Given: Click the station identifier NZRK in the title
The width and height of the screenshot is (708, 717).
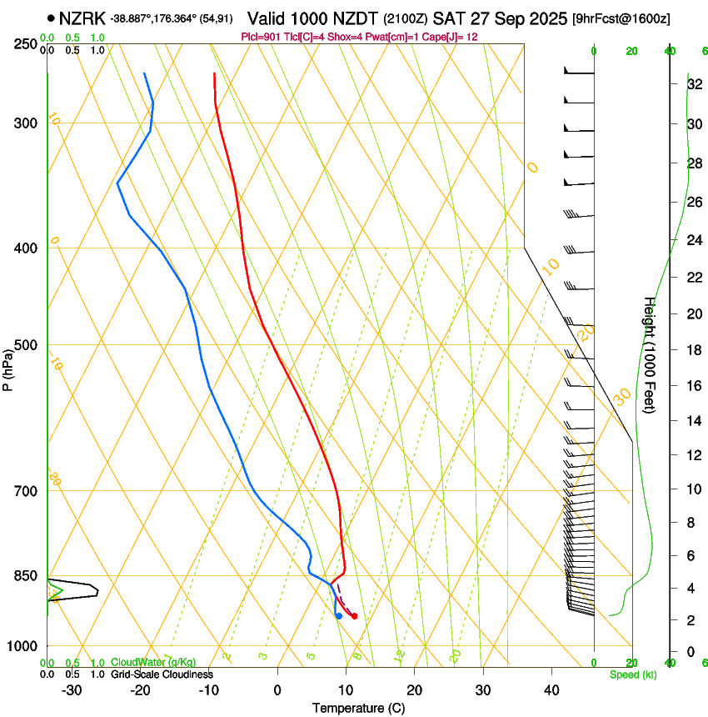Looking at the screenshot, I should [82, 18].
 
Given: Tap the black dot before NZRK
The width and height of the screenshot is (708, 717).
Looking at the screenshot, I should [52, 18].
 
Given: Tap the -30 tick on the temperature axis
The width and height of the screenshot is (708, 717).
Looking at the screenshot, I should [72, 690].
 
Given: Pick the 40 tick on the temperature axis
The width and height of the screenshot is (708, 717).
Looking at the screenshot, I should [551, 690].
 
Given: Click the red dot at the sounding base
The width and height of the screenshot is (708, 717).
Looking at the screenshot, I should [354, 616].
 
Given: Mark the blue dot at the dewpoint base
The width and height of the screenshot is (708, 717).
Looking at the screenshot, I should [338, 616].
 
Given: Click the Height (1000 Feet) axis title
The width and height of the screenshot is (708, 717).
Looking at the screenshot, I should [650, 355].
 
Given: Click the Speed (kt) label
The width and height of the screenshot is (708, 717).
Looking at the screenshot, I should [632, 674].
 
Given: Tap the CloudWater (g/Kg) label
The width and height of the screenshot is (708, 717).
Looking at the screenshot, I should [153, 662].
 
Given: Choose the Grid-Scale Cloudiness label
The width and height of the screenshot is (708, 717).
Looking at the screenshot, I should [162, 674].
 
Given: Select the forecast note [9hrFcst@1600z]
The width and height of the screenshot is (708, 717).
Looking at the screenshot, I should [621, 18].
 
